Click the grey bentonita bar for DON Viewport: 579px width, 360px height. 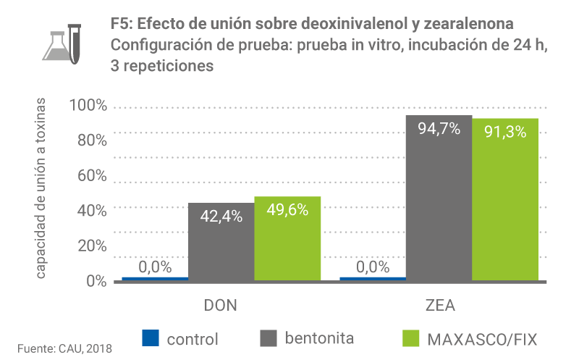point(221,242)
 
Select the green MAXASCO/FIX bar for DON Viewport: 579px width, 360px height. point(287,238)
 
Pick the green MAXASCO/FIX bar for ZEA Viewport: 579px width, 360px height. point(505,199)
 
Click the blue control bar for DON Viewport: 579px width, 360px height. point(155,278)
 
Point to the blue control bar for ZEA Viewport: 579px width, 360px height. point(373,278)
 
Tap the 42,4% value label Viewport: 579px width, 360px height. point(221,216)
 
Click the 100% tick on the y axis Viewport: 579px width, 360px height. point(87,106)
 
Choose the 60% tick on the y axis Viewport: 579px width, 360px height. point(91,176)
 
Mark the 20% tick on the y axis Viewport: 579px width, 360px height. point(91,246)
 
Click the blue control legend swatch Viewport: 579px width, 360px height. point(150,338)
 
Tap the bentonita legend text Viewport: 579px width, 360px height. point(319,338)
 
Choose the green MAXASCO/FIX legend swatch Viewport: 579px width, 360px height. point(410,338)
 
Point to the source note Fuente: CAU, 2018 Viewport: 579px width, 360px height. point(65,348)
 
